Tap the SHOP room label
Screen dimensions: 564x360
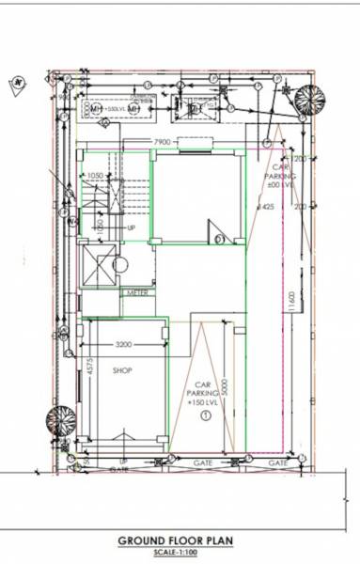tap(122, 370)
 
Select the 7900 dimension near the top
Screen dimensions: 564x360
tap(165, 143)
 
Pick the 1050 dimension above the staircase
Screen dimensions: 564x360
tap(95, 175)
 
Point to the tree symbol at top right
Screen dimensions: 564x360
tap(308, 99)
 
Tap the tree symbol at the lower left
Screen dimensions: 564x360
tap(62, 418)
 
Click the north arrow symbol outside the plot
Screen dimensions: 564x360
tap(18, 84)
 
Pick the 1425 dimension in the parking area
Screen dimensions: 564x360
tap(266, 207)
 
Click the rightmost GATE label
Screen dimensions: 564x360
tap(277, 462)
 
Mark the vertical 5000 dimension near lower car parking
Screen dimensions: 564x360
tap(225, 386)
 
